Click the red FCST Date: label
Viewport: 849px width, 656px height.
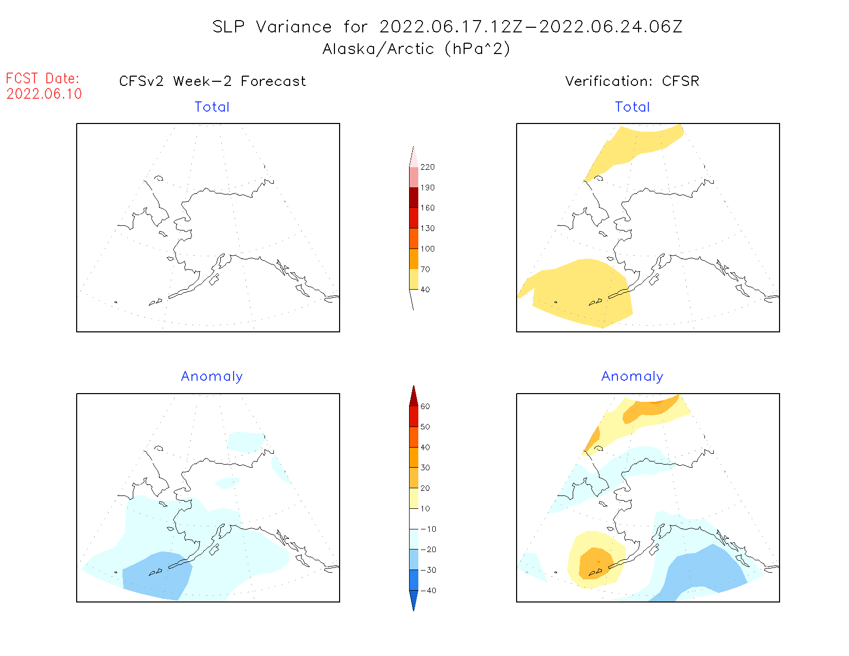43,79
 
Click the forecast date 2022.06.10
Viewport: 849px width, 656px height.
44,94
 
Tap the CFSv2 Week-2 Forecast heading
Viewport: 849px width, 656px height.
213,81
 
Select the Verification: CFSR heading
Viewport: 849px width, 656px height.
632,81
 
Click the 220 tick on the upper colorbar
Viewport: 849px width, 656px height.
427,167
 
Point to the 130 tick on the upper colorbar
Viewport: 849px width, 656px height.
427,228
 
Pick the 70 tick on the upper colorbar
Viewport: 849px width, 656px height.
425,269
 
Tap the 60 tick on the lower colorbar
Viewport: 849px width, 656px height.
425,406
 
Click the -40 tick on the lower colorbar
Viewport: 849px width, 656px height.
428,591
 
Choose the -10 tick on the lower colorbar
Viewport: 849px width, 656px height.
428,529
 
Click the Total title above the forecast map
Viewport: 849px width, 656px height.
212,107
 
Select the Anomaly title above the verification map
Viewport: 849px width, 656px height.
632,377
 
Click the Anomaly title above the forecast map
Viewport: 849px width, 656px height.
212,377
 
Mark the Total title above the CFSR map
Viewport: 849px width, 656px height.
632,107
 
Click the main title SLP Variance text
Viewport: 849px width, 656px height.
447,27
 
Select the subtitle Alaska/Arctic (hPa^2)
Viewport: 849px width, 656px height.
416,49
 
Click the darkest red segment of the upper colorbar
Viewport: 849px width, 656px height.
414,198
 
